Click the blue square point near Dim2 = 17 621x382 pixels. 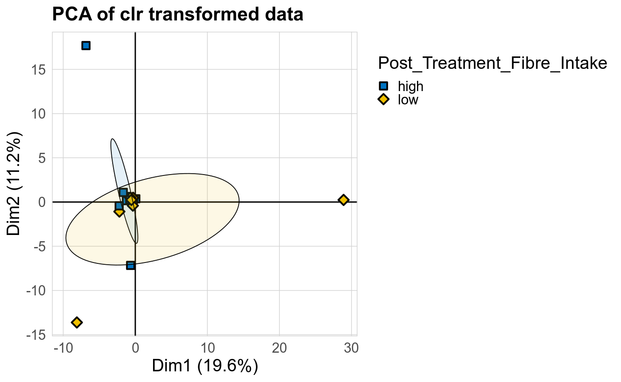coord(86,45)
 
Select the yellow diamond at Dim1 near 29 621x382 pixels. coord(343,200)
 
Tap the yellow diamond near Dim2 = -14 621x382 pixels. coord(77,322)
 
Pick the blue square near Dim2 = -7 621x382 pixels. coord(130,265)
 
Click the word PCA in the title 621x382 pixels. coord(69,15)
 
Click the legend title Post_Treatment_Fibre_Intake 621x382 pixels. coord(492,64)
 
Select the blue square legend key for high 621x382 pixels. coord(384,86)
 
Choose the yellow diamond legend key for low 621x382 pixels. coord(384,99)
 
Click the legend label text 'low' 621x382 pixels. coord(408,99)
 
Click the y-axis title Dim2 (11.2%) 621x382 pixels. coord(14,183)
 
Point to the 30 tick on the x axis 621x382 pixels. coord(351,348)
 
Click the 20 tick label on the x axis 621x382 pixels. coord(279,348)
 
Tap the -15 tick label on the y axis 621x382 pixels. coord(37,334)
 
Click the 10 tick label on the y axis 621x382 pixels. coord(39,114)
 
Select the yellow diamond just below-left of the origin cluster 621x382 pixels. coord(119,212)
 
